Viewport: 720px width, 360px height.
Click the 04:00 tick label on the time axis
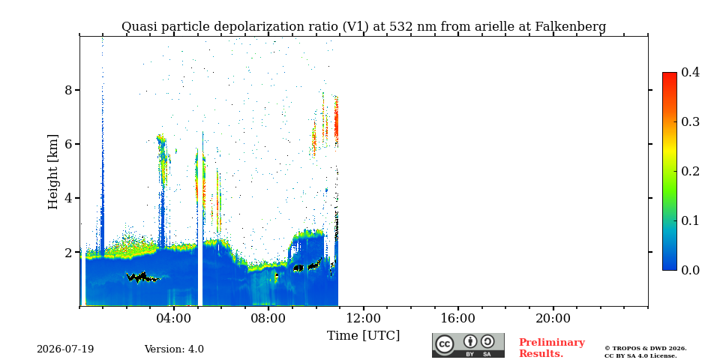174,318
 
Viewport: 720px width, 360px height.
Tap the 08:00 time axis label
268,318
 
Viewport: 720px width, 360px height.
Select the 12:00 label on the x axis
364,318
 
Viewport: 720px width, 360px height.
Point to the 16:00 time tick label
458,318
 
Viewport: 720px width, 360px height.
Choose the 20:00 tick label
553,318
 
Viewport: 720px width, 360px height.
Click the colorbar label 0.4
690,72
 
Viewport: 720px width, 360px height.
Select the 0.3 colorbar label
690,121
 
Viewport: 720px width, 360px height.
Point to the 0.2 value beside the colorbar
690,171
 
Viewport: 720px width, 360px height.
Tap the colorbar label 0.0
690,270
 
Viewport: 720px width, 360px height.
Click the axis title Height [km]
53,172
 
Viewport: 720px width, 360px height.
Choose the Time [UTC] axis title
363,336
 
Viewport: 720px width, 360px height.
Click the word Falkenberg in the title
571,27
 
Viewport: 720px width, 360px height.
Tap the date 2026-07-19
65,349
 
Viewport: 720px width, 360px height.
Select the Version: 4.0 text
174,349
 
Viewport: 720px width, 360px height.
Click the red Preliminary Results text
552,348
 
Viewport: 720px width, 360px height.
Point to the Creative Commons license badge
468,345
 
